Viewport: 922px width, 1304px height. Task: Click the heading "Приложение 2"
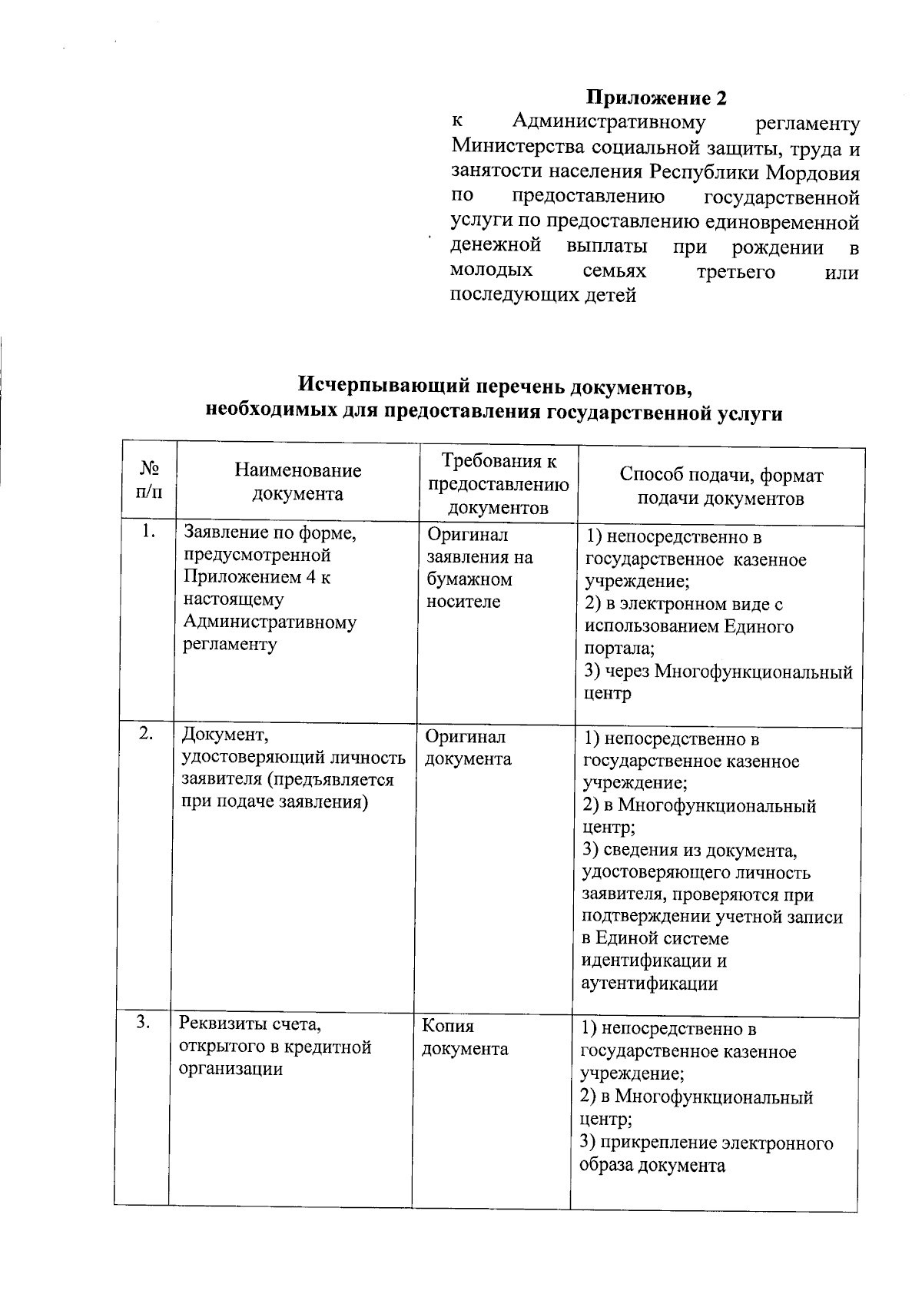coord(656,98)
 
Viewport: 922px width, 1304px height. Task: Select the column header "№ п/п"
coord(150,479)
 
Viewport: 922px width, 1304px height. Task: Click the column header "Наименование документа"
coord(297,482)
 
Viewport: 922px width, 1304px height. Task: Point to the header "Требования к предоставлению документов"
coord(498,484)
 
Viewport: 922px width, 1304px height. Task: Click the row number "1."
coord(149,532)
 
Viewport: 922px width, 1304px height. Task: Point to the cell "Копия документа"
coord(464,1037)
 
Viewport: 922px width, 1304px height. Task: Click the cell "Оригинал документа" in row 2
coord(468,748)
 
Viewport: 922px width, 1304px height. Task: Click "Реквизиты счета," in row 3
coord(250,1024)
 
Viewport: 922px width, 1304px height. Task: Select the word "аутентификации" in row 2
coord(650,983)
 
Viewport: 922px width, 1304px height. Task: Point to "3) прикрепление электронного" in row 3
coord(707,1143)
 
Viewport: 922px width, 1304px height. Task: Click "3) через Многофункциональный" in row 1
coord(718,672)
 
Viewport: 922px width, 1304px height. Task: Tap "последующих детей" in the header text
coord(542,294)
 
